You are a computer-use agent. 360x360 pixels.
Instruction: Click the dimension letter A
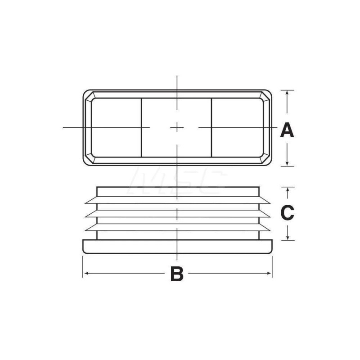pos(287,130)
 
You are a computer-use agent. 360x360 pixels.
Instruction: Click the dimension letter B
pos(177,274)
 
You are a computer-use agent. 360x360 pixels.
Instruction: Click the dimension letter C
pos(287,213)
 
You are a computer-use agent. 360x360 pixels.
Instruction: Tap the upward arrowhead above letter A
pos(288,93)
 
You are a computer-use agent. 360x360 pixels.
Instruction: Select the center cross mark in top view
pos(178,128)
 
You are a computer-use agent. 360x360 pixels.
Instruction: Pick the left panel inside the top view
pos(117,128)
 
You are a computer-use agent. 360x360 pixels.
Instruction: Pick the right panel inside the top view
pos(237,128)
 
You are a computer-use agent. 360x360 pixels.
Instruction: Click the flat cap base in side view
pos(178,246)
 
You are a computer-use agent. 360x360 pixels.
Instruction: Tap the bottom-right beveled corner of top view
pos(267,160)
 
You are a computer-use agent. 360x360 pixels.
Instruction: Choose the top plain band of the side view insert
pos(178,192)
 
